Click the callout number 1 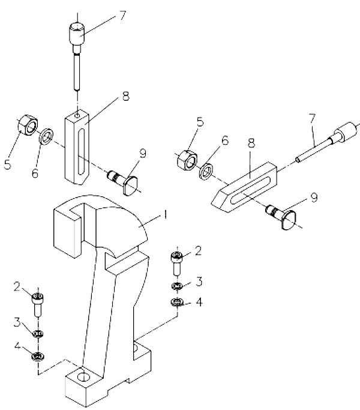coord(165,215)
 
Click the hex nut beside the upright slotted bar coord(28,125)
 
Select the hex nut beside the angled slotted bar coord(187,160)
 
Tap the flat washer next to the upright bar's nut coord(47,136)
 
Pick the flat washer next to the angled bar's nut coord(206,172)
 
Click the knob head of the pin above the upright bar coord(77,34)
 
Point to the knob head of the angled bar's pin coord(346,132)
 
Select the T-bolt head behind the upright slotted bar coord(131,186)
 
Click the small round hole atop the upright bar coord(77,115)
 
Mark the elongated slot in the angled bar coord(251,190)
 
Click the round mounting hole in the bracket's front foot coord(84,376)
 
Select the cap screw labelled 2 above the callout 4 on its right coord(177,264)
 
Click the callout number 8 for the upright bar coord(126,97)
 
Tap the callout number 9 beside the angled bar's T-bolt coord(314,197)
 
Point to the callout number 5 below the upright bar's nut coord(8,164)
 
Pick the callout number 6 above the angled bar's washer coord(225,140)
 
